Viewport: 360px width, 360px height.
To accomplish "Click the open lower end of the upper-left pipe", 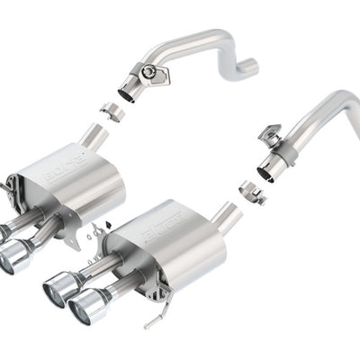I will [x=126, y=90].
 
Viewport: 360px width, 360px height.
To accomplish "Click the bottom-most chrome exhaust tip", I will [x=85, y=306].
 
